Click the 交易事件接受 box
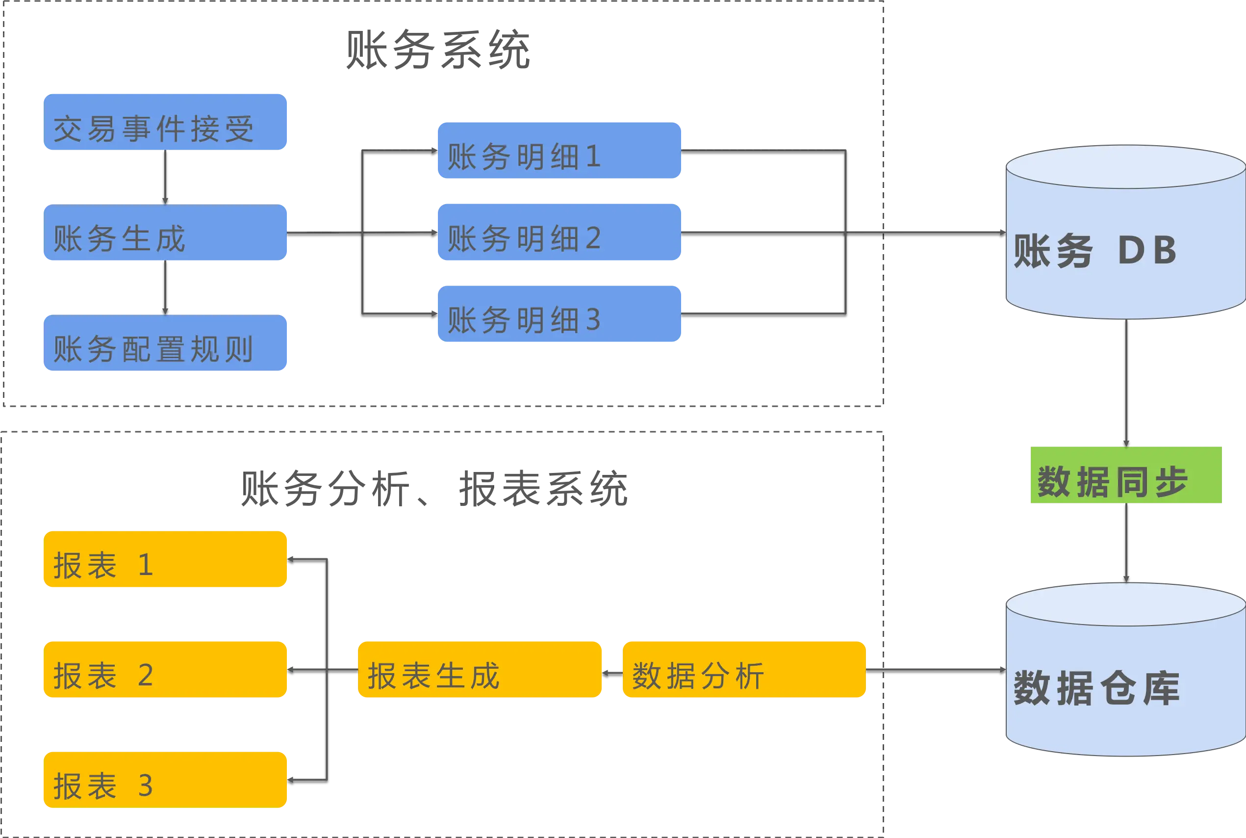point(166,122)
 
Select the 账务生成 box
point(166,233)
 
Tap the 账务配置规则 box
point(166,343)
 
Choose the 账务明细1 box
point(559,151)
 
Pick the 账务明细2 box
point(559,232)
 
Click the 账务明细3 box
point(559,314)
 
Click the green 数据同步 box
point(1125,475)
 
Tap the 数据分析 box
point(743,670)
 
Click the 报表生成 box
point(480,670)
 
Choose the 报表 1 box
point(166,559)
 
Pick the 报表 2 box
point(166,670)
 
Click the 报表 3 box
point(166,779)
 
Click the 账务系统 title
point(437,50)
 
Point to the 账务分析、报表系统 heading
point(433,488)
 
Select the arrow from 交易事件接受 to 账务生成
point(165,178)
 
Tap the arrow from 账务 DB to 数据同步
point(1126,382)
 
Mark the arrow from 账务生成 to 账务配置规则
point(165,288)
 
